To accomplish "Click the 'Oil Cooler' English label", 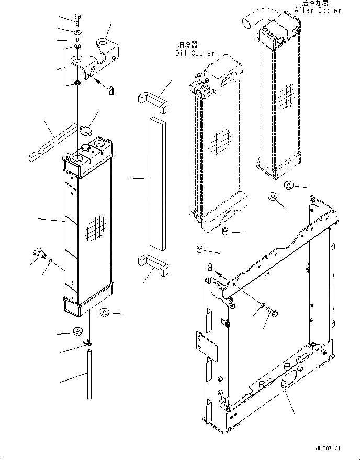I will (195, 53).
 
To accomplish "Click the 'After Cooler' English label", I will (318, 10).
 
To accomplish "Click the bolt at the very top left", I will (77, 19).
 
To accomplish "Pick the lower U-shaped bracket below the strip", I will (153, 265).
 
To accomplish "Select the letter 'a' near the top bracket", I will (111, 90).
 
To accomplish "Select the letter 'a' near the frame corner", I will (210, 267).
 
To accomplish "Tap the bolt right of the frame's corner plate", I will (272, 313).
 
